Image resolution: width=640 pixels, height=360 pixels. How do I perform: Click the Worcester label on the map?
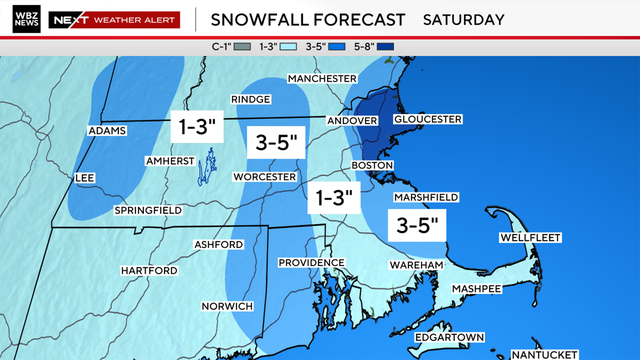[x=265, y=177]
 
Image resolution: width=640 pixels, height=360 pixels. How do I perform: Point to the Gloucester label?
[x=428, y=119]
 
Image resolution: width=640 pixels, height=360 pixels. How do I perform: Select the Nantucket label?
[x=544, y=355]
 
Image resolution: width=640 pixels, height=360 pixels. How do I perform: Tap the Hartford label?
[x=149, y=271]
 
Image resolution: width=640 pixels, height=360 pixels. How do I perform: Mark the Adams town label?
[x=106, y=131]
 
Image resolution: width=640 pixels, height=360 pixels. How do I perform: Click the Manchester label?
[x=322, y=78]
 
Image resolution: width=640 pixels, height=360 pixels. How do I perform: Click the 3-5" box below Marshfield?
[x=417, y=224]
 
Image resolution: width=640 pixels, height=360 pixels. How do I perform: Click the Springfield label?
[x=147, y=211]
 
